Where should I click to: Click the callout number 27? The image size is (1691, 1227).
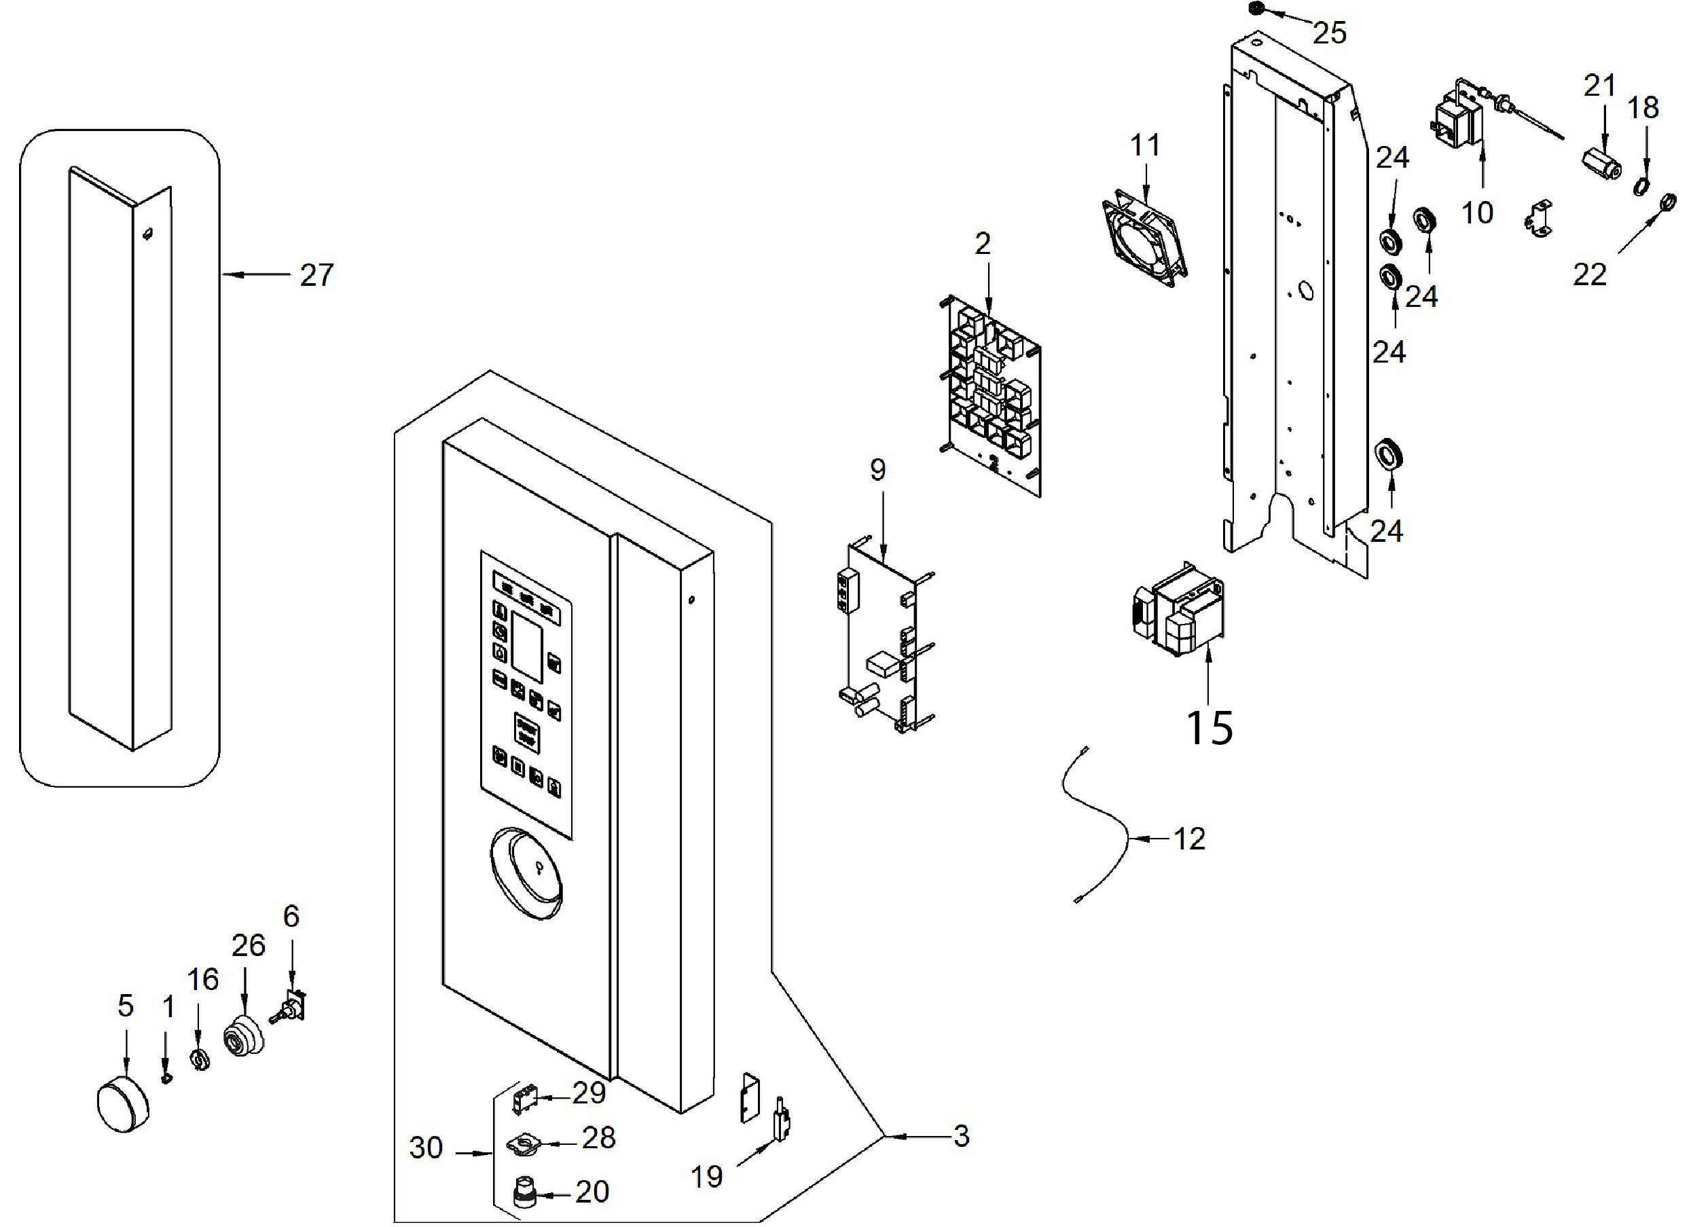click(316, 276)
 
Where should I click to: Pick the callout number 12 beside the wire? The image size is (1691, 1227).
click(1189, 839)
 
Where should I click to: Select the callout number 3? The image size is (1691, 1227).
click(961, 1136)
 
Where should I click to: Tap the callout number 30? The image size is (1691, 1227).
click(426, 1148)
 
